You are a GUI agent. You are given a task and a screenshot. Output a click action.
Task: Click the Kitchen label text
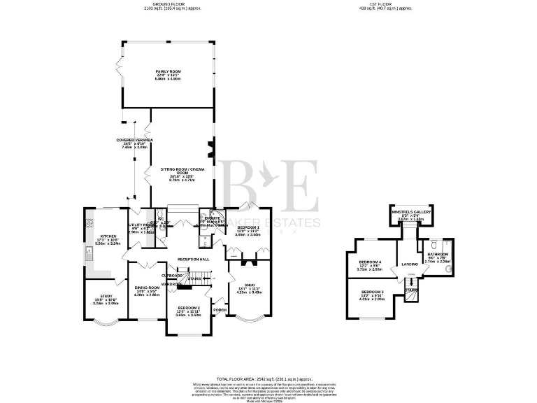click(x=107, y=236)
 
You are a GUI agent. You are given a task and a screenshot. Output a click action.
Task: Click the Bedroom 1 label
click(x=248, y=228)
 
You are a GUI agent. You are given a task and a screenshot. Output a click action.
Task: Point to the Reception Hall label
click(x=193, y=259)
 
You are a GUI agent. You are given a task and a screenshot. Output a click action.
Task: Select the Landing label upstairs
click(x=409, y=264)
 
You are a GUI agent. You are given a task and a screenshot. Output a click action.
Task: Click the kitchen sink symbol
click(x=89, y=250)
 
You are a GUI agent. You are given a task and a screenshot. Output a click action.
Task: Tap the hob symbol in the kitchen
click(x=89, y=224)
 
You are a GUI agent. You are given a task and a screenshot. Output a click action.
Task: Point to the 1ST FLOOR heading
click(x=385, y=3)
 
